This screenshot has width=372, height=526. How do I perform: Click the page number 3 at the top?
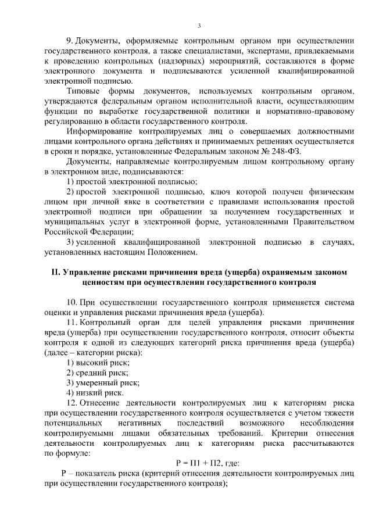(199, 26)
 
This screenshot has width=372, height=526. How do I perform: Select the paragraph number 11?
(71, 323)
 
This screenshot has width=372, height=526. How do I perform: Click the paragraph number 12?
(71, 403)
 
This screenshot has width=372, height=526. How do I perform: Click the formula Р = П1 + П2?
(199, 463)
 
